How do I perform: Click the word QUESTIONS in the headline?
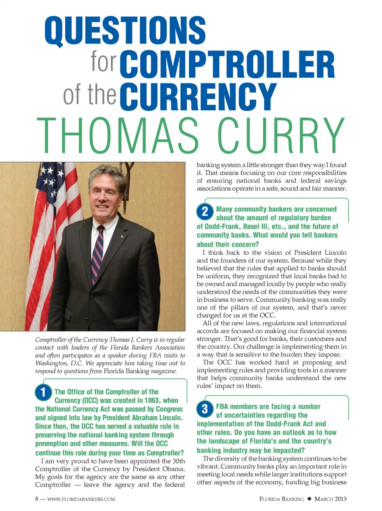point(125,31)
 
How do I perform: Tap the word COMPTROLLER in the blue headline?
point(227,64)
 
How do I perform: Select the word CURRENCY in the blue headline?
point(198,97)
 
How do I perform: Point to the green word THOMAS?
point(118,136)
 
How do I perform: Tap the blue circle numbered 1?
point(43,392)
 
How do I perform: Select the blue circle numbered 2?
point(205,211)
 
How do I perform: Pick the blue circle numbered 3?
point(205,409)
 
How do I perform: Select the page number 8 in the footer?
point(37,499)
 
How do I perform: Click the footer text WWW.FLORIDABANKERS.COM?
point(81,499)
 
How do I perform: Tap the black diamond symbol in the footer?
point(309,499)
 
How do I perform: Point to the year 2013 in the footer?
point(341,499)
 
